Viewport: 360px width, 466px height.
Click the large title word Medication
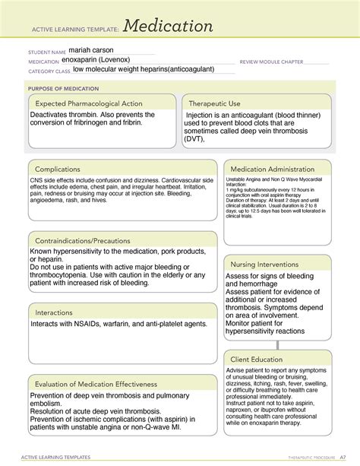169,27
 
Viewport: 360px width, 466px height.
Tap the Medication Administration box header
277,169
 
